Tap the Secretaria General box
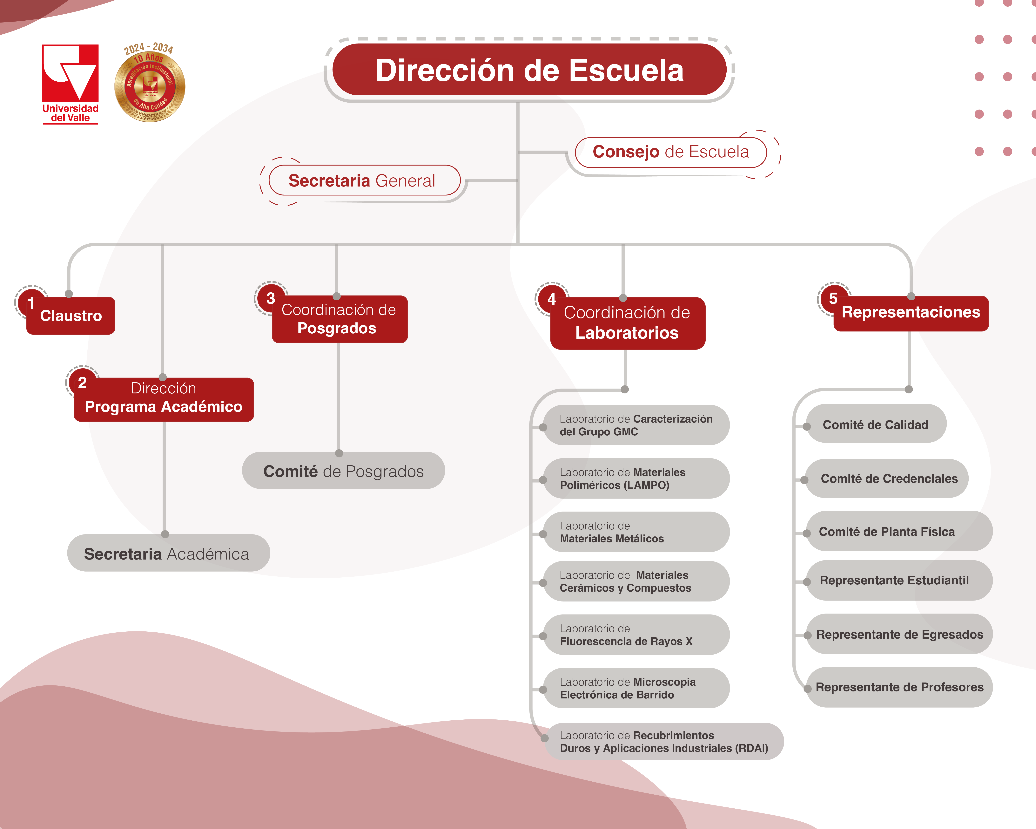click(364, 181)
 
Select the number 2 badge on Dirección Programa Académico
click(82, 383)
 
